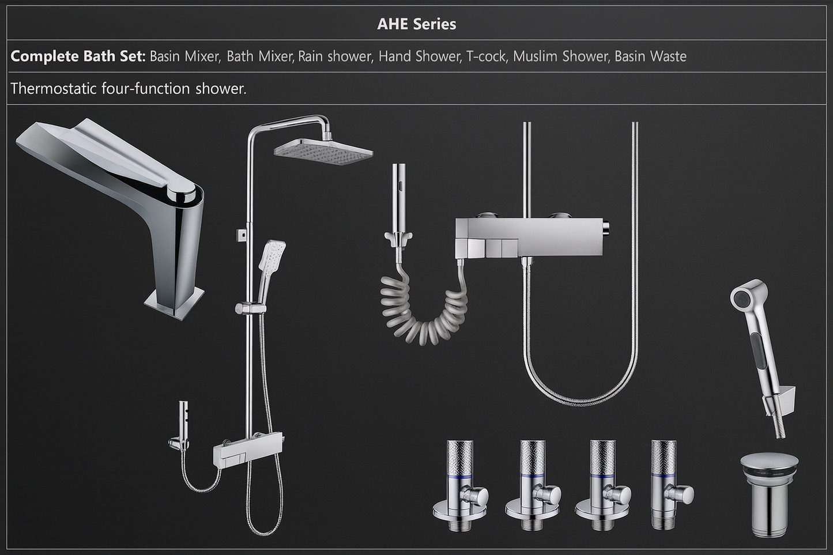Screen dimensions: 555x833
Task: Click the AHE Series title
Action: pyautogui.click(x=416, y=24)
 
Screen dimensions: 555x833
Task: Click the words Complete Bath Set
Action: pyautogui.click(x=77, y=56)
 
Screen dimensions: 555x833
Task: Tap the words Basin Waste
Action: pyautogui.click(x=650, y=56)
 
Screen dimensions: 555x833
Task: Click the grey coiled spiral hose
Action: pyautogui.click(x=424, y=314)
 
